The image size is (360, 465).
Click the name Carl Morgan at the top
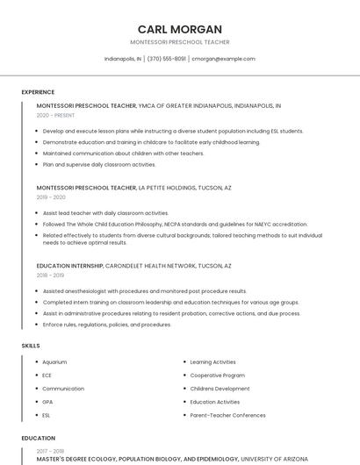[179, 29]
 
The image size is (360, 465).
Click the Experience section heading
[38, 92]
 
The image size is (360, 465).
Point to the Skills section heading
[31, 346]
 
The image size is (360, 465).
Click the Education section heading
[39, 438]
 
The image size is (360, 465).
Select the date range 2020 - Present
[55, 115]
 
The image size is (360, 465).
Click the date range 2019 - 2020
[51, 197]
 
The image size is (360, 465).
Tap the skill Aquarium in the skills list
[54, 361]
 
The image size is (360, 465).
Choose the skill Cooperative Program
[217, 375]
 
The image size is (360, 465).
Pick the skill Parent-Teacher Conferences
[227, 415]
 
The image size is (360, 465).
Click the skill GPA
[47, 402]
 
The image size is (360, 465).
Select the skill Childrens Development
[220, 388]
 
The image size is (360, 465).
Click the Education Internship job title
[70, 266]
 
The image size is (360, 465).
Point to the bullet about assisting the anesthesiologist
[145, 291]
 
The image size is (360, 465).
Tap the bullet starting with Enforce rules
[106, 325]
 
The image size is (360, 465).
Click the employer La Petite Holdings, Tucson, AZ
[185, 188]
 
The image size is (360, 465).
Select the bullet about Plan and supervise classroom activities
[99, 164]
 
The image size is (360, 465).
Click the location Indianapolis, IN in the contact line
[123, 59]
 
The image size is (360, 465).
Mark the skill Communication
[63, 388]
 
